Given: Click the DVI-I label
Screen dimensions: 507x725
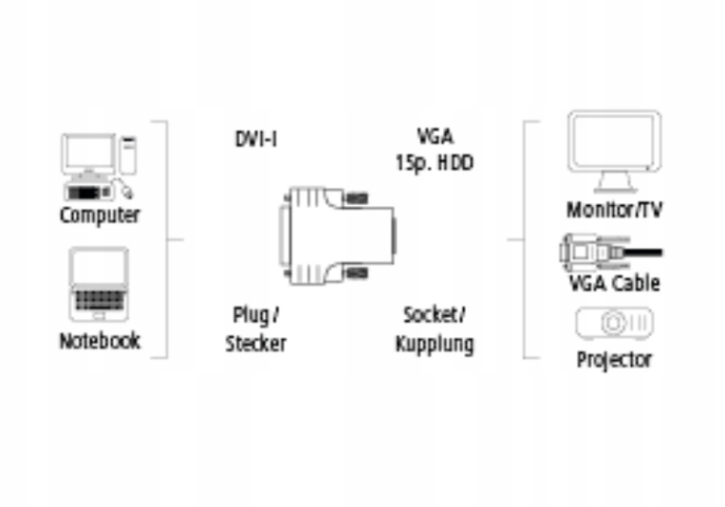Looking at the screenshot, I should point(255,140).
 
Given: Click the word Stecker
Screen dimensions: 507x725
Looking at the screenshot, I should point(255,343).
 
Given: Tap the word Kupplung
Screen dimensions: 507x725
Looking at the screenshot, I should point(434,343).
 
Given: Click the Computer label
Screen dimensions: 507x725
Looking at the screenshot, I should point(100,216).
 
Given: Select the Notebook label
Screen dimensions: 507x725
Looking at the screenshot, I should point(100,340).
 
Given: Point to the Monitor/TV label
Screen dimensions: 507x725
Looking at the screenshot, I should point(614,210).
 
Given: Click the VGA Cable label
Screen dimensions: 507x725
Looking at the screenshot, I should point(614,283).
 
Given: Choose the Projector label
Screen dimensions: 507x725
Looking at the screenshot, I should point(614,360).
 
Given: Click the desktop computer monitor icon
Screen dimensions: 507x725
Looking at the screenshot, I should point(88,153).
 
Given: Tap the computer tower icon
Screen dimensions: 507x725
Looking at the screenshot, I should point(127,156).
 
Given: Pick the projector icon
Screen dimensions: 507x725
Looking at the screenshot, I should point(614,324).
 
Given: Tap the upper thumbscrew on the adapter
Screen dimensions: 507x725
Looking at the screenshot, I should point(356,200).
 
